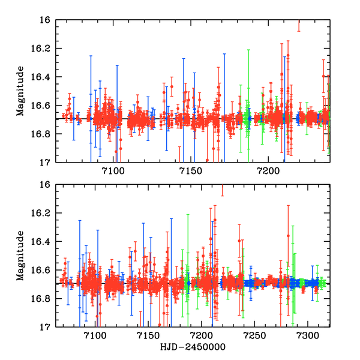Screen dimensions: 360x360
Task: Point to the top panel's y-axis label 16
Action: [x=46, y=20]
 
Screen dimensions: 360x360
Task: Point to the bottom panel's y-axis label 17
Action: [x=46, y=327]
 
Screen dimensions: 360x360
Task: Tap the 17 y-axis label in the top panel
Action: [x=46, y=162]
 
